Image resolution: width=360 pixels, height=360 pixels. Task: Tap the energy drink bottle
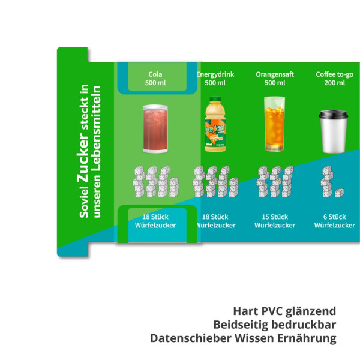pyautogui.click(x=214, y=124)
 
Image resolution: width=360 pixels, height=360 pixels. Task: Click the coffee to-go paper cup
pyautogui.click(x=334, y=131)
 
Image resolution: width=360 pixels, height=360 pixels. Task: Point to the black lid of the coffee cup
pyautogui.click(x=334, y=115)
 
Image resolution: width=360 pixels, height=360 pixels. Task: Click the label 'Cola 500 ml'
pyautogui.click(x=155, y=79)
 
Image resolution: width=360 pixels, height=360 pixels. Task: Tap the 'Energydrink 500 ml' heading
pyautogui.click(x=215, y=79)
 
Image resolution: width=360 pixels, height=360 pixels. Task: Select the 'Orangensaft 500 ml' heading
pyautogui.click(x=275, y=79)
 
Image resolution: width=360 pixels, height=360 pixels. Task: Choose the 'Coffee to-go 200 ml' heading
pyautogui.click(x=335, y=79)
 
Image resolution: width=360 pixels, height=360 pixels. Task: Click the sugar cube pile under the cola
pyautogui.click(x=155, y=181)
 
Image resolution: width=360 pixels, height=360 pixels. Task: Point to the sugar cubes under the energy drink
pyautogui.click(x=215, y=181)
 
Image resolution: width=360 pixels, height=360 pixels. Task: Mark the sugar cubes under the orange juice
pyautogui.click(x=275, y=181)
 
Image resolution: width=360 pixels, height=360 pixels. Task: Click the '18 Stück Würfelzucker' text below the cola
pyautogui.click(x=155, y=221)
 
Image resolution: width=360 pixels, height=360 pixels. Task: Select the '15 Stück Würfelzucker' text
pyautogui.click(x=275, y=221)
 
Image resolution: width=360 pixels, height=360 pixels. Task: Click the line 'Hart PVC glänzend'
pyautogui.click(x=284, y=311)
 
